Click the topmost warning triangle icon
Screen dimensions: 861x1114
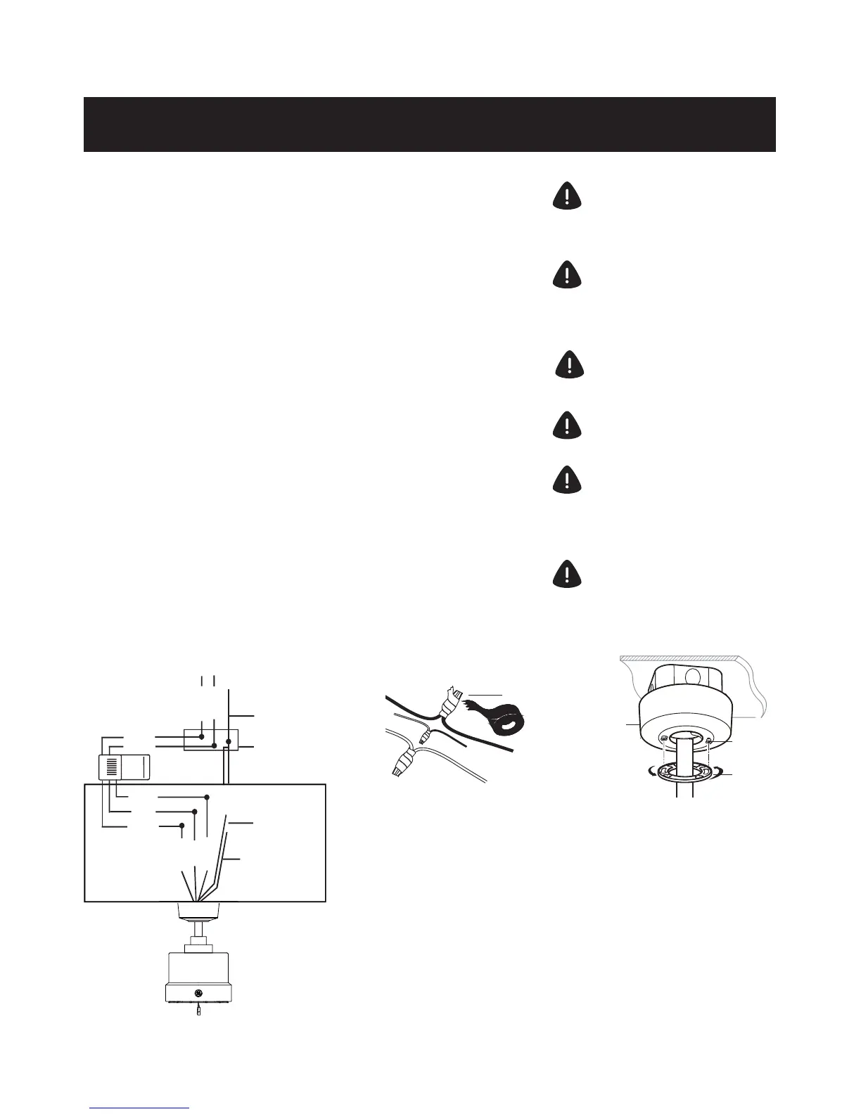pyautogui.click(x=567, y=196)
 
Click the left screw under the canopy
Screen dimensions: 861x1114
pyautogui.click(x=664, y=738)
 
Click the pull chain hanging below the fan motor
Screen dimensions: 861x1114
pyautogui.click(x=199, y=1011)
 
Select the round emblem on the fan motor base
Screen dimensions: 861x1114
pyautogui.click(x=199, y=993)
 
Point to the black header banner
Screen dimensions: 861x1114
pyautogui.click(x=429, y=124)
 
